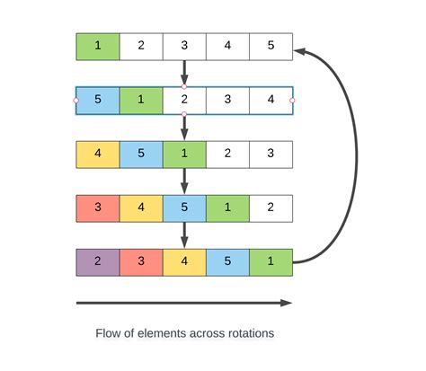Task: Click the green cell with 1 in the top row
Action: [x=98, y=47]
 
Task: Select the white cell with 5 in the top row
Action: [x=271, y=47]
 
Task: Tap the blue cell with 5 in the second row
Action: [x=98, y=101]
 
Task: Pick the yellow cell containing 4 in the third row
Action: [x=98, y=155]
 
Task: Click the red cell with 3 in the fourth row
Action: [x=98, y=208]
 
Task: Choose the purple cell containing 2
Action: [x=98, y=262]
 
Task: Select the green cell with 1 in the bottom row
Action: [x=271, y=262]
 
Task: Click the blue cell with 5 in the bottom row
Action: [x=227, y=262]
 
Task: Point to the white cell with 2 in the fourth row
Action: [x=271, y=208]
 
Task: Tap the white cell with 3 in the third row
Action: [x=271, y=155]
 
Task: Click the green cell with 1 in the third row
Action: [x=184, y=155]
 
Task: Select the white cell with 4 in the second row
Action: [x=271, y=101]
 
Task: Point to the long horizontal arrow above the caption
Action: [x=184, y=303]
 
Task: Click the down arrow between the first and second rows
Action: [x=184, y=72]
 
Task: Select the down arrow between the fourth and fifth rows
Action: [x=184, y=234]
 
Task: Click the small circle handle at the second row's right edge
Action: [x=292, y=101]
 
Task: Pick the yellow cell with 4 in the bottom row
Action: [x=184, y=262]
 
